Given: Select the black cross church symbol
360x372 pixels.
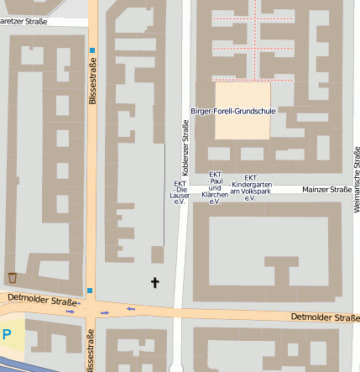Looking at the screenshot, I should (154, 283).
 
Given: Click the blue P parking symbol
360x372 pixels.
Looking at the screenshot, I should (7, 334).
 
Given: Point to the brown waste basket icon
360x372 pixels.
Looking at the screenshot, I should (13, 277).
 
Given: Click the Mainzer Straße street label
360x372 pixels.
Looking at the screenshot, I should (326, 190).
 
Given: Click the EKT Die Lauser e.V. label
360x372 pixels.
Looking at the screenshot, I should (179, 192).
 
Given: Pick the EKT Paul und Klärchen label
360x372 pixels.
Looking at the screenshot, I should (215, 188).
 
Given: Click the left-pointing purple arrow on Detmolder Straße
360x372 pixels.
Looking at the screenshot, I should (131, 309).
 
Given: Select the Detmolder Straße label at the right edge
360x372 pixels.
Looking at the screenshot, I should (326, 317).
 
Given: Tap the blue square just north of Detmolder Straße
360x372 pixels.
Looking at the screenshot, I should (89, 291).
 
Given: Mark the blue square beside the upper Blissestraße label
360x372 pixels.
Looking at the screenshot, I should (91, 51).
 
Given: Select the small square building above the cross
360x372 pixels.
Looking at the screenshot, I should (157, 254).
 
